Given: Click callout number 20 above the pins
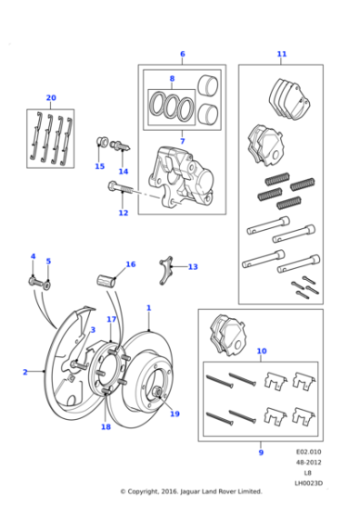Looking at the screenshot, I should [x=51, y=97].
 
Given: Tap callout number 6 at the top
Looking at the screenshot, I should [x=182, y=54].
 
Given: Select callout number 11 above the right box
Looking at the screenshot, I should [x=282, y=54].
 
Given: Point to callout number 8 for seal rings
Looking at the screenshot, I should [x=171, y=79].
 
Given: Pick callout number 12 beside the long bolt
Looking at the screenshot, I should [x=123, y=214].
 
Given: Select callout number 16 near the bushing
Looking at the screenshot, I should [x=130, y=264].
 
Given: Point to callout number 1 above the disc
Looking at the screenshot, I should [x=148, y=308].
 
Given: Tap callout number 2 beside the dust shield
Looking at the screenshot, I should [x=25, y=372].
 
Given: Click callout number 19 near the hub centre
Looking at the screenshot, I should [x=175, y=414].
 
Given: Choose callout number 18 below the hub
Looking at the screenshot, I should [x=106, y=427].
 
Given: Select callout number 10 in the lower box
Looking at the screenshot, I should [x=262, y=350].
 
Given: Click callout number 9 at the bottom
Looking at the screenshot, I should [x=261, y=452].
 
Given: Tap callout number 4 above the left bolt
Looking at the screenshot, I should [x=33, y=256].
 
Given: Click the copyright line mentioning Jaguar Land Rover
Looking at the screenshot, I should [x=191, y=492].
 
